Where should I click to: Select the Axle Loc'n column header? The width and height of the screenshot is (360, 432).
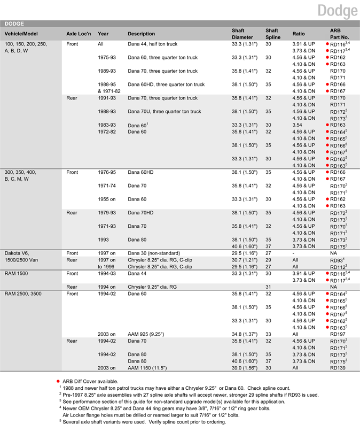pyautogui.click(x=79, y=34)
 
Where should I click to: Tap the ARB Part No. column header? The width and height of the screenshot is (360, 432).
pyautogui.click(x=339, y=34)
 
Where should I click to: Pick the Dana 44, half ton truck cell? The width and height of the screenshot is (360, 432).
pyautogui.click(x=152, y=44)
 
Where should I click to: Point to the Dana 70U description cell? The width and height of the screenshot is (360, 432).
pyautogui.click(x=165, y=112)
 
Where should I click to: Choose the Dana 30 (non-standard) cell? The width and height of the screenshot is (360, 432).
pyautogui.click(x=154, y=253)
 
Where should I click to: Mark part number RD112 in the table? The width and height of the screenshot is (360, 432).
pyautogui.click(x=338, y=267)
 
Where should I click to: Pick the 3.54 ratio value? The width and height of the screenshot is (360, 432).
pyautogui.click(x=298, y=125)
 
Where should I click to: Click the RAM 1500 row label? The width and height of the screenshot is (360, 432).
pyautogui.click(x=19, y=273)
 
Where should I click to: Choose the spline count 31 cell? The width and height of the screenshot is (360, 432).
pyautogui.click(x=269, y=287)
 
